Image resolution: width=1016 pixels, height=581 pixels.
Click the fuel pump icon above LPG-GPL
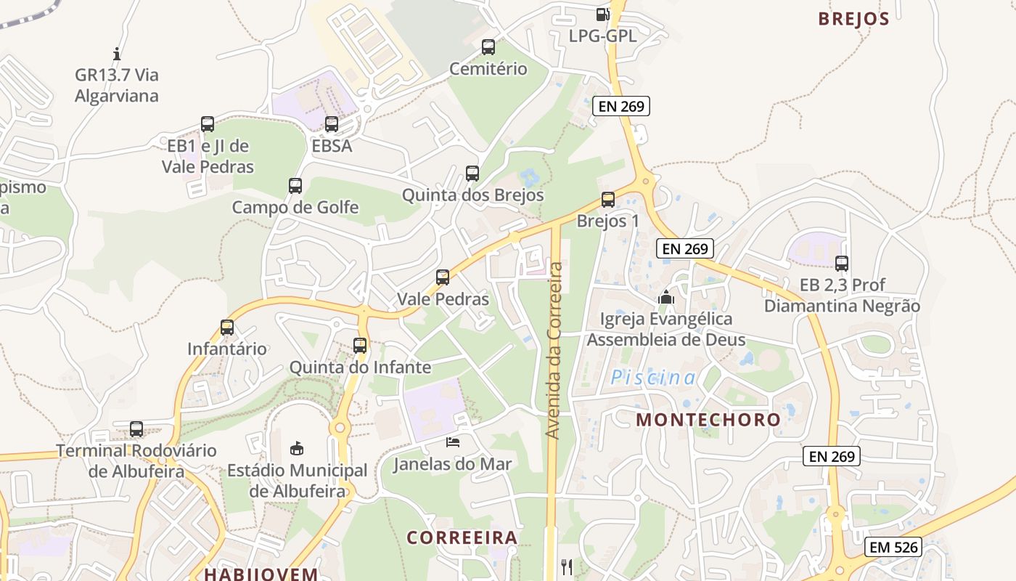[602, 14]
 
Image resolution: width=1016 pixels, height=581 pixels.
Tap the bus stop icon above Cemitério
[488, 47]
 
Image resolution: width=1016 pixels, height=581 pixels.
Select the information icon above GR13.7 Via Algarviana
[117, 53]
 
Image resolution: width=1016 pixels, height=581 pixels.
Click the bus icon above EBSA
[332, 124]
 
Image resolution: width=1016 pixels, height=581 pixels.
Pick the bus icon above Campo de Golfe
[295, 186]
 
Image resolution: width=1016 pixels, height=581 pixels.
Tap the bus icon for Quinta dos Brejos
[472, 174]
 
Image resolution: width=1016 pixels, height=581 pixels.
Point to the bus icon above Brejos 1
[608, 200]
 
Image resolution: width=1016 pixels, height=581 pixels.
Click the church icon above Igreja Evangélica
[666, 297]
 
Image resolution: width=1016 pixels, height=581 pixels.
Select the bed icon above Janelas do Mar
[453, 442]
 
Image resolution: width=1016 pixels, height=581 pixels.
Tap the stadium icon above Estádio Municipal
[297, 448]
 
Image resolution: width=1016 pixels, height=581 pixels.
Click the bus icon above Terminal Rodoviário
[136, 429]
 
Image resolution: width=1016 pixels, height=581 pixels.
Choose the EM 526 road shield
[893, 547]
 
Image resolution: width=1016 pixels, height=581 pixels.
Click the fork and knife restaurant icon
[567, 566]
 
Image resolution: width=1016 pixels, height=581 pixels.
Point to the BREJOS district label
[853, 19]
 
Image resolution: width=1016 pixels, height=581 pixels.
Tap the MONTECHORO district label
[708, 419]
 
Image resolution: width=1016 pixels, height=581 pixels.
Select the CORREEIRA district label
[462, 537]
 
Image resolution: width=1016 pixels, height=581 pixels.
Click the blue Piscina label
[653, 378]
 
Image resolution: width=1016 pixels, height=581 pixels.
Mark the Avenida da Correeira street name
[554, 351]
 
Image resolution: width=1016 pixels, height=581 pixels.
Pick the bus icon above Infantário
[227, 328]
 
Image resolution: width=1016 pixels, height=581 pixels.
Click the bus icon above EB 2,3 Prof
[842, 264]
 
